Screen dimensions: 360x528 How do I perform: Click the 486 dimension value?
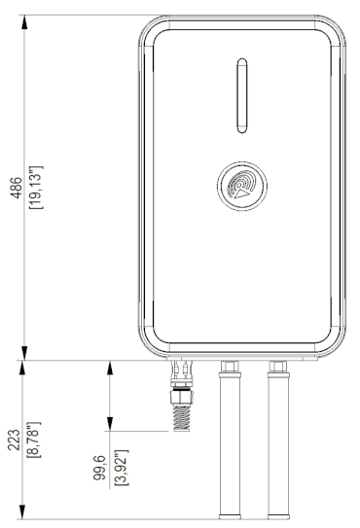point(17,188)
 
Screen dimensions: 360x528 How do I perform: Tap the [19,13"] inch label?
point(36,188)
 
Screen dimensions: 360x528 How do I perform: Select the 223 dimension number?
point(14,440)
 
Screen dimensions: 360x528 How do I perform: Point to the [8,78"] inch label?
point(33,440)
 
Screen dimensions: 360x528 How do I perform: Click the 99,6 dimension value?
point(99,468)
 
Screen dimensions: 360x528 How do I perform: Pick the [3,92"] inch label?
point(122,468)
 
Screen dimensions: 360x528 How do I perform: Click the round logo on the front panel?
point(242,186)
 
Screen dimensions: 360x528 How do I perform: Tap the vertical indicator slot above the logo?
point(242,95)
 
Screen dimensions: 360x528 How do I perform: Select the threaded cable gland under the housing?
point(181,396)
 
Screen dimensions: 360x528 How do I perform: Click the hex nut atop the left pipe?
point(230,367)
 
